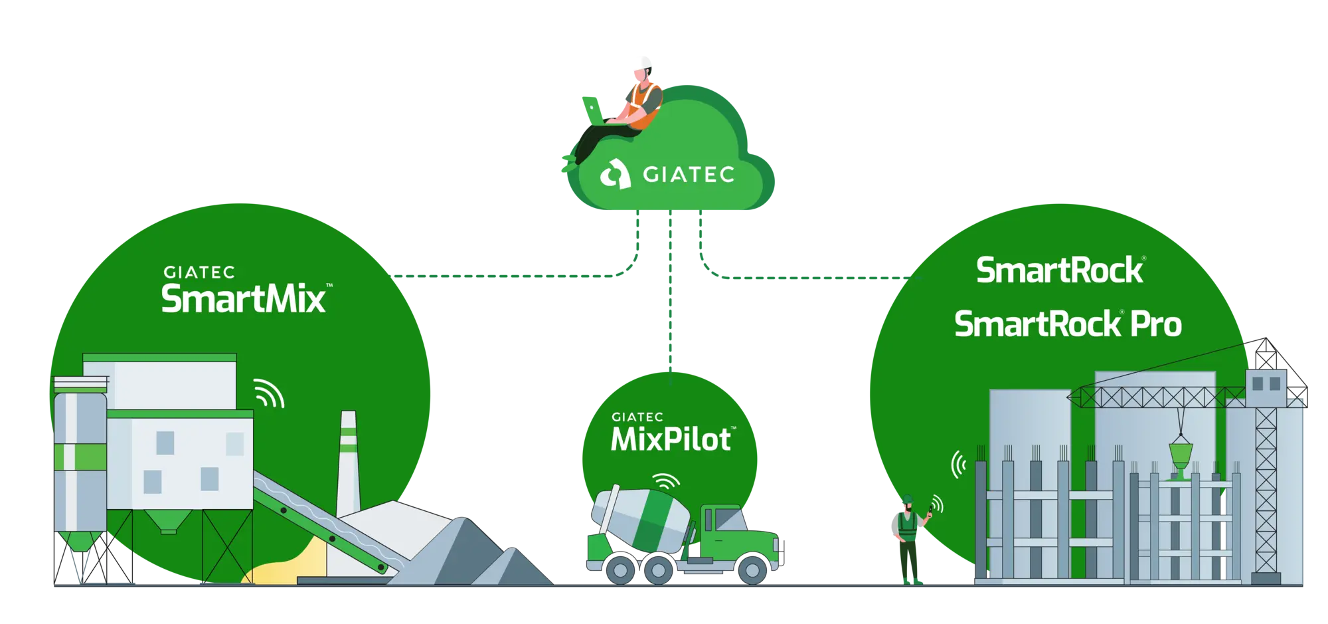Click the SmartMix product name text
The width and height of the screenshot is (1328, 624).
[x=244, y=299]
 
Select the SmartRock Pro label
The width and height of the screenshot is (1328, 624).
[x=1068, y=324]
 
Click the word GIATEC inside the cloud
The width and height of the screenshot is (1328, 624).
[x=689, y=175]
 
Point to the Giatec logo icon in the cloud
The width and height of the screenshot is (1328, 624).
[x=615, y=175]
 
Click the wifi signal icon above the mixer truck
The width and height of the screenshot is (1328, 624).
[x=665, y=480]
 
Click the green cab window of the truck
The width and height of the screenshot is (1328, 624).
[x=729, y=519]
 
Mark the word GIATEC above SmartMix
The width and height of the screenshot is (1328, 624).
[x=199, y=272]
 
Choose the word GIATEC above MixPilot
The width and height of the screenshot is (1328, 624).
[x=637, y=417]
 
